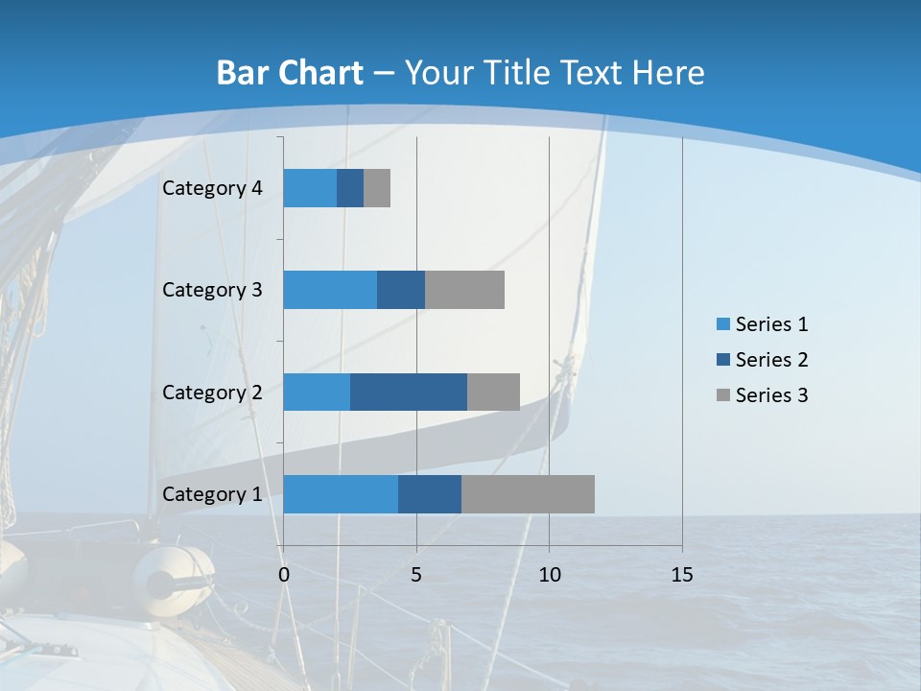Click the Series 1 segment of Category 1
tap(341, 494)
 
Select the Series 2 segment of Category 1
tap(430, 494)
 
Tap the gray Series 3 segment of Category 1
tap(528, 494)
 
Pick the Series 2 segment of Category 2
tap(409, 392)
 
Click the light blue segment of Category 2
tap(317, 392)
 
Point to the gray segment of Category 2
tap(493, 392)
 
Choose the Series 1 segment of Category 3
tap(330, 290)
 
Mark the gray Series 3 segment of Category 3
tap(464, 290)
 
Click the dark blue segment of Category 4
tap(350, 188)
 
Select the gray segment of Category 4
tap(377, 188)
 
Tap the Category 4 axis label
tap(212, 188)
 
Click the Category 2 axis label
tap(212, 392)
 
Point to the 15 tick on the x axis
tap(681, 575)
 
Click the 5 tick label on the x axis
tap(416, 575)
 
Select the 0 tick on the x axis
tap(284, 575)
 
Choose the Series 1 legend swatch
tap(722, 324)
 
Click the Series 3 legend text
tap(771, 395)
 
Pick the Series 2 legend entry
tap(762, 360)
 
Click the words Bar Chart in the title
tap(290, 73)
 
